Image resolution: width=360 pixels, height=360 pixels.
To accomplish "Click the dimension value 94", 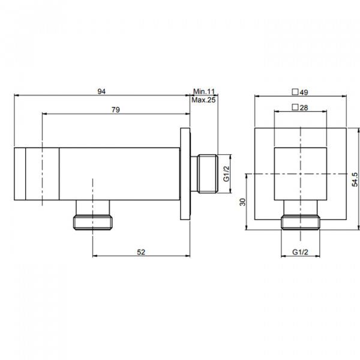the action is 101,92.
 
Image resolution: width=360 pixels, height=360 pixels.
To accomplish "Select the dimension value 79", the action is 116,110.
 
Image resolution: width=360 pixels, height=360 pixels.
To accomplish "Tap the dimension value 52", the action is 141,252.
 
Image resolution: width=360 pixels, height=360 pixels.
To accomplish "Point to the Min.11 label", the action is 204,92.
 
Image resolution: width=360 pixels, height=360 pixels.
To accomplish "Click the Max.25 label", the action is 203,100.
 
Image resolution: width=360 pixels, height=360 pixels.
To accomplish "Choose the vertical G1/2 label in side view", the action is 227,173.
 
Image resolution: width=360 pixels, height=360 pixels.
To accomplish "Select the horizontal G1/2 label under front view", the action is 300,252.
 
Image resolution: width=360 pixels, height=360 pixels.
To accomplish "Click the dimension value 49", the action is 304,92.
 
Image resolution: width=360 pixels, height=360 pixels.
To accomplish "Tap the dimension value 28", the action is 304,107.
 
